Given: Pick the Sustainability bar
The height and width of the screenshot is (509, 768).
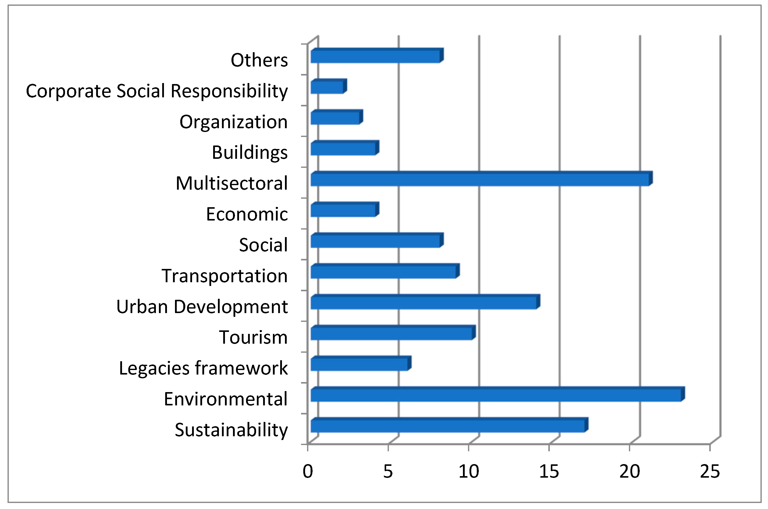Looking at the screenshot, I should (447, 426).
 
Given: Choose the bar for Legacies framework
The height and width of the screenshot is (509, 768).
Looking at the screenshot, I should (359, 365).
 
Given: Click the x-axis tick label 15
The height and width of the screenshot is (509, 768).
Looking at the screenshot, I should (549, 472).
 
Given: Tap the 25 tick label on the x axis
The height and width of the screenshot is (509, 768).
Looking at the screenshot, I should (710, 472).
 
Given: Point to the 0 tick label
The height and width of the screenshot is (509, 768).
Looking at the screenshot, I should (308, 472).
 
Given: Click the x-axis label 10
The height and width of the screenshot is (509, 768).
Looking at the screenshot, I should (468, 472).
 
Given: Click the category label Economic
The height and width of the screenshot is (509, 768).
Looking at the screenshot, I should (247, 214).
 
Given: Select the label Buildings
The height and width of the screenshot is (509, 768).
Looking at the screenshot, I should (250, 153).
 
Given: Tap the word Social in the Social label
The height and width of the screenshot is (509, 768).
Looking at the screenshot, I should (263, 245).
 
